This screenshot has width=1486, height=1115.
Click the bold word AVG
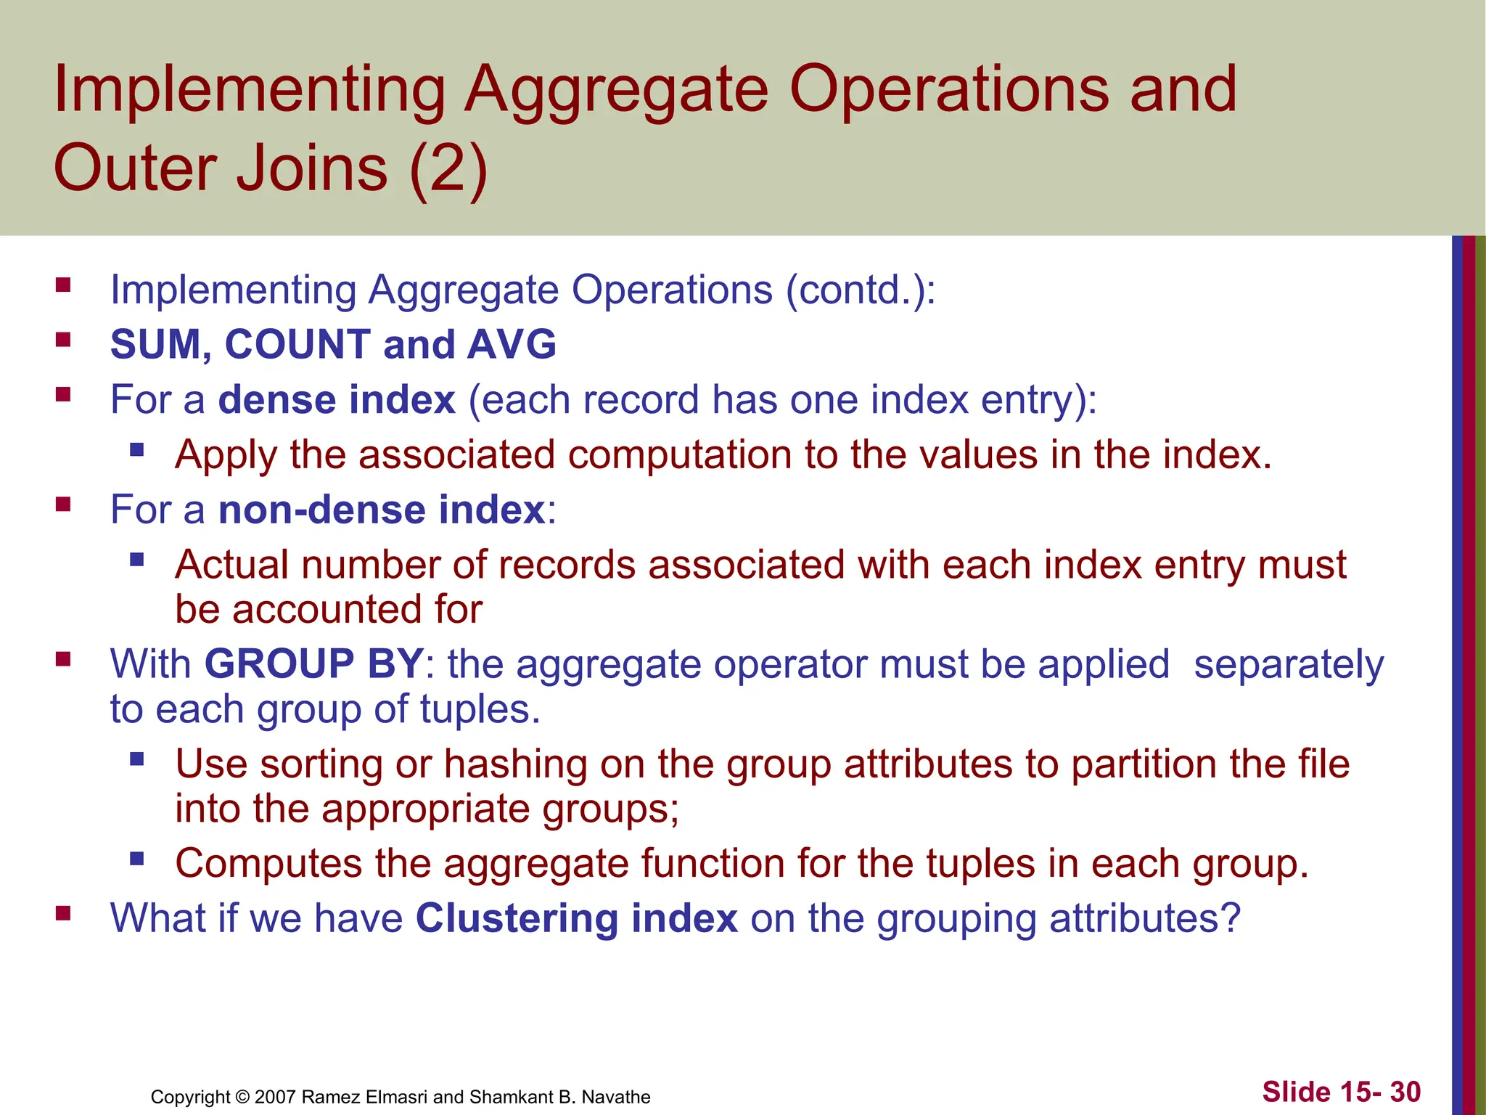click(x=512, y=344)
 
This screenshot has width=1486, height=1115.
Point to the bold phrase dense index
click(x=337, y=399)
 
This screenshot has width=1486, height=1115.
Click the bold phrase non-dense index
click(x=382, y=510)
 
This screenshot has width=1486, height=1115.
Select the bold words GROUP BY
click(x=313, y=663)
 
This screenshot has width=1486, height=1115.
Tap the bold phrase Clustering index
click(x=576, y=918)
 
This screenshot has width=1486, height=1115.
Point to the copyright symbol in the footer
click(x=242, y=1097)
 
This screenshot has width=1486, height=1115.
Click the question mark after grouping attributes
click(x=1231, y=918)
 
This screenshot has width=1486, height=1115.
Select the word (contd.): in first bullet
click(x=861, y=290)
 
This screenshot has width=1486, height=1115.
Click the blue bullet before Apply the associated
click(x=137, y=450)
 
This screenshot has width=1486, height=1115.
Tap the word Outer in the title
click(x=135, y=168)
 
